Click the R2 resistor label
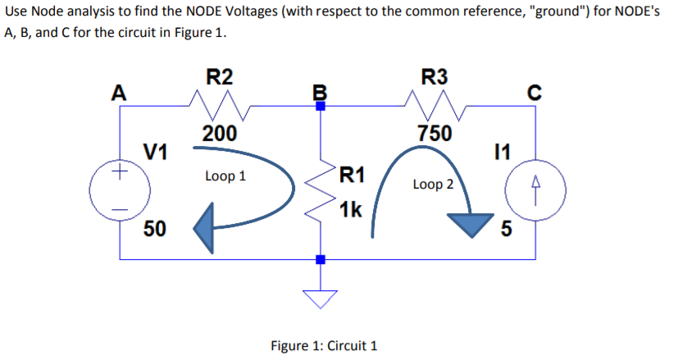tap(220, 78)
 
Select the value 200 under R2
tap(220, 134)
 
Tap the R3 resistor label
tap(434, 78)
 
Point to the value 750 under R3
tap(434, 133)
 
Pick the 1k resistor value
tap(350, 210)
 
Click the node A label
tap(119, 93)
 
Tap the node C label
tap(535, 93)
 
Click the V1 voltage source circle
tap(121, 194)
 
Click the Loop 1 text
tap(225, 176)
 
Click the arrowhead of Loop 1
tap(206, 229)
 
